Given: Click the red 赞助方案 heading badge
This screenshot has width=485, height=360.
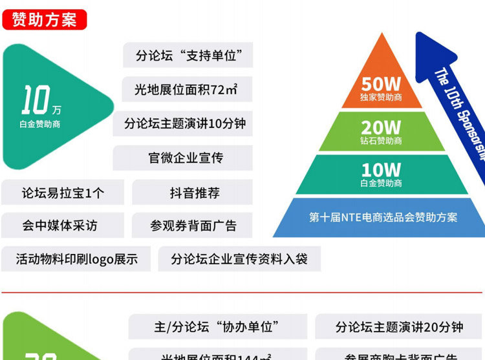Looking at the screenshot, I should pos(44,19).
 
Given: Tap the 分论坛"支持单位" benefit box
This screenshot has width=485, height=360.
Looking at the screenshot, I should pos(188,56).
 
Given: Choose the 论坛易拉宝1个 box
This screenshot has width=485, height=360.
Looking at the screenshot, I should pos(63,193).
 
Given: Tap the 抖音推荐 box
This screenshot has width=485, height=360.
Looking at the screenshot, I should pos(195,193).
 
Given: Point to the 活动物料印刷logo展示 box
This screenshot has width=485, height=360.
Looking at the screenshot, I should pos(76,259).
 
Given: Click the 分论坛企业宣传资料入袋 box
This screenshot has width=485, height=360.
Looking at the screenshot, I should pos(239,259).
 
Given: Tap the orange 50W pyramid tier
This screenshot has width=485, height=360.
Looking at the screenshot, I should pos(381,87).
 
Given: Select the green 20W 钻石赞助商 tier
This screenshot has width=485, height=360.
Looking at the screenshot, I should pos(381,132).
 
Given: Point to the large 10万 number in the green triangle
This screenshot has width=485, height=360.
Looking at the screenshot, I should pos(39,100).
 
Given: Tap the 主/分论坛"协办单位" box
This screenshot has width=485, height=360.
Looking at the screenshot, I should pos(216,327).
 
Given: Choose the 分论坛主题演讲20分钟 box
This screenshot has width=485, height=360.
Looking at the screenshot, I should pos(399,327).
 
